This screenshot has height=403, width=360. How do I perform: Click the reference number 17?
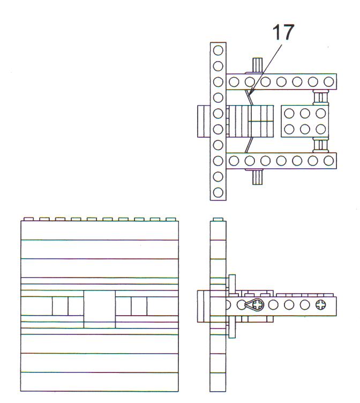[283, 32]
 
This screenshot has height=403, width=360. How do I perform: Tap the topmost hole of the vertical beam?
[218, 50]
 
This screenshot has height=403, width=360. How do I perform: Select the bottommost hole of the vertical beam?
[218, 192]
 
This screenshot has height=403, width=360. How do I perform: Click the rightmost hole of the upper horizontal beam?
[328, 82]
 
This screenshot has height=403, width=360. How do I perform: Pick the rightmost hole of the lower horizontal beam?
[328, 161]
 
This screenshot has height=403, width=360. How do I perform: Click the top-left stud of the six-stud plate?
[289, 114]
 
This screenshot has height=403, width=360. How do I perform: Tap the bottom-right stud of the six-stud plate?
[321, 129]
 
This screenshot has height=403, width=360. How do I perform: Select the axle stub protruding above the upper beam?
[257, 66]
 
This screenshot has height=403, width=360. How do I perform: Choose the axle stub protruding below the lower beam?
[257, 176]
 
